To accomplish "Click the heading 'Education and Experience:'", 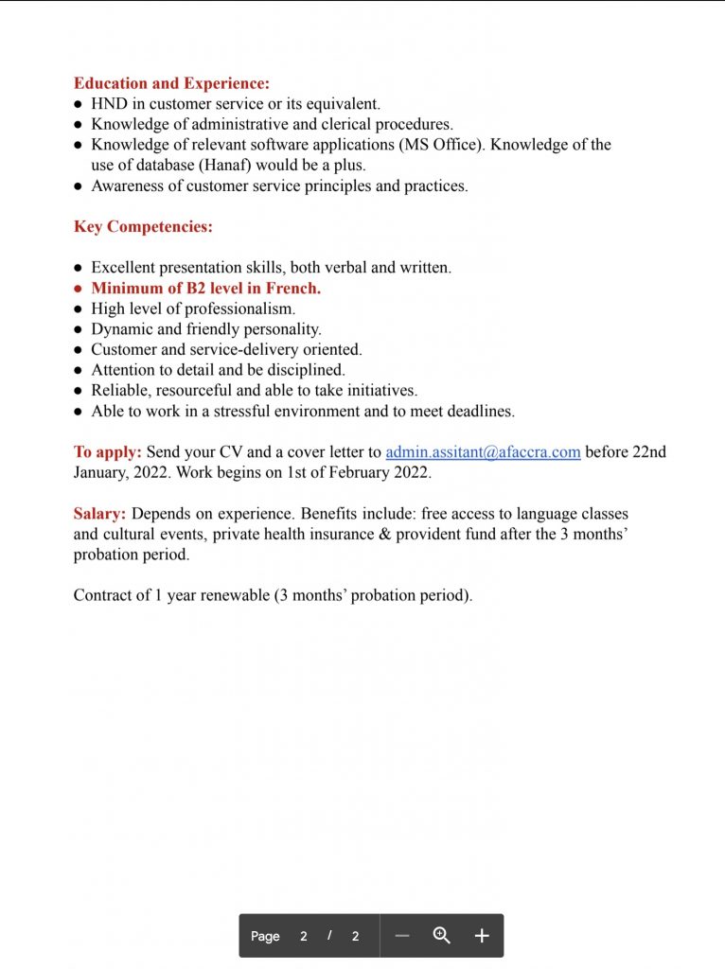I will point(171,83).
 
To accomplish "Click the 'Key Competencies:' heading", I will point(143,227).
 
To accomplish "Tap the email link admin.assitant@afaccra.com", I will point(483,452).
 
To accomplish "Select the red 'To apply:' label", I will point(108,452).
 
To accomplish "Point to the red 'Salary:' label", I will point(99,514).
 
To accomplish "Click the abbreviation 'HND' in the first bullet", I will point(109,104).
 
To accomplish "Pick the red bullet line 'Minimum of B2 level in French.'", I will point(205,289).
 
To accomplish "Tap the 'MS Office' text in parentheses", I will point(442,145).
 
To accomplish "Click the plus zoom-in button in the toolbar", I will point(482,936).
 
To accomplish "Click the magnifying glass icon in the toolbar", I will point(441,936).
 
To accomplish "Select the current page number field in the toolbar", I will point(304,937).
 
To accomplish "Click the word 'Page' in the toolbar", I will point(265,937).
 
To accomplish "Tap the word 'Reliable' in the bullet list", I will point(118,391).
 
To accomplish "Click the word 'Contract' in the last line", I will point(102,596).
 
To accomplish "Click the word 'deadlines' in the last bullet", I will point(478,412).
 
